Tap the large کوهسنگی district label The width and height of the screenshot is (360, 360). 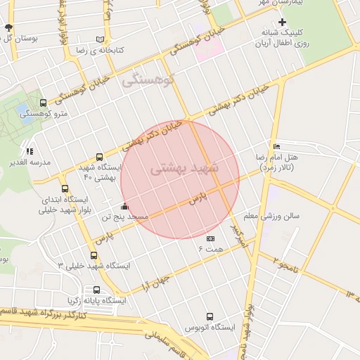tap(148, 81)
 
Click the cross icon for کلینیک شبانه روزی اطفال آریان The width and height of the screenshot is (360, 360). tap(282, 22)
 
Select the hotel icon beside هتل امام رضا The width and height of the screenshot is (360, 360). tap(276, 146)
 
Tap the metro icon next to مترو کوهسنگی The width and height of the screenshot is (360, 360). tap(44, 103)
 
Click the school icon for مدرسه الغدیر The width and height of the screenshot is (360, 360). tap(29, 151)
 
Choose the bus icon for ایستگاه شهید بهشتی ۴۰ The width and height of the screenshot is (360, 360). tap(99, 157)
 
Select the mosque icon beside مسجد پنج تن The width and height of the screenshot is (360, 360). tap(125, 207)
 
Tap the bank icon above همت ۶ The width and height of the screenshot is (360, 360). tap(210, 240)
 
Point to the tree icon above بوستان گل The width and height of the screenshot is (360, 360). tap(8, 27)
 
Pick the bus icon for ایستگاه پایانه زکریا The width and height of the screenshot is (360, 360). tap(96, 290)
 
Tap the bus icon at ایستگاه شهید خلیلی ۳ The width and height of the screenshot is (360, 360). tap(94, 255)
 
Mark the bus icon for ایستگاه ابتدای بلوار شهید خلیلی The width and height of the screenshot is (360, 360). tap(65, 189)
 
